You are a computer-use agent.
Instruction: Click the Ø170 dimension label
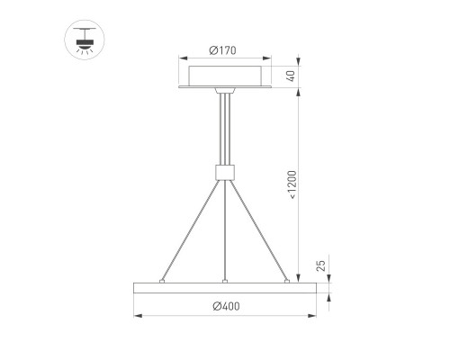coord(222,50)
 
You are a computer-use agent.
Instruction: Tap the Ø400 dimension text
coord(226,306)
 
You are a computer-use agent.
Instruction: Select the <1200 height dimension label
coord(292,184)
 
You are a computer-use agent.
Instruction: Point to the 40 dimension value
coord(291,76)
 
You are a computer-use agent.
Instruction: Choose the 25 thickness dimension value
coord(320,265)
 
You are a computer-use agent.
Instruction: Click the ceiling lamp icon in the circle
coord(85,40)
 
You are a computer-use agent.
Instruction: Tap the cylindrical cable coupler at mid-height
coord(225,172)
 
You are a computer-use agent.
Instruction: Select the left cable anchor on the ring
coord(162,281)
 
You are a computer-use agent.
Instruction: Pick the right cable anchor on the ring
coord(287,281)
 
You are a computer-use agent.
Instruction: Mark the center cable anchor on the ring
coord(225,282)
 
